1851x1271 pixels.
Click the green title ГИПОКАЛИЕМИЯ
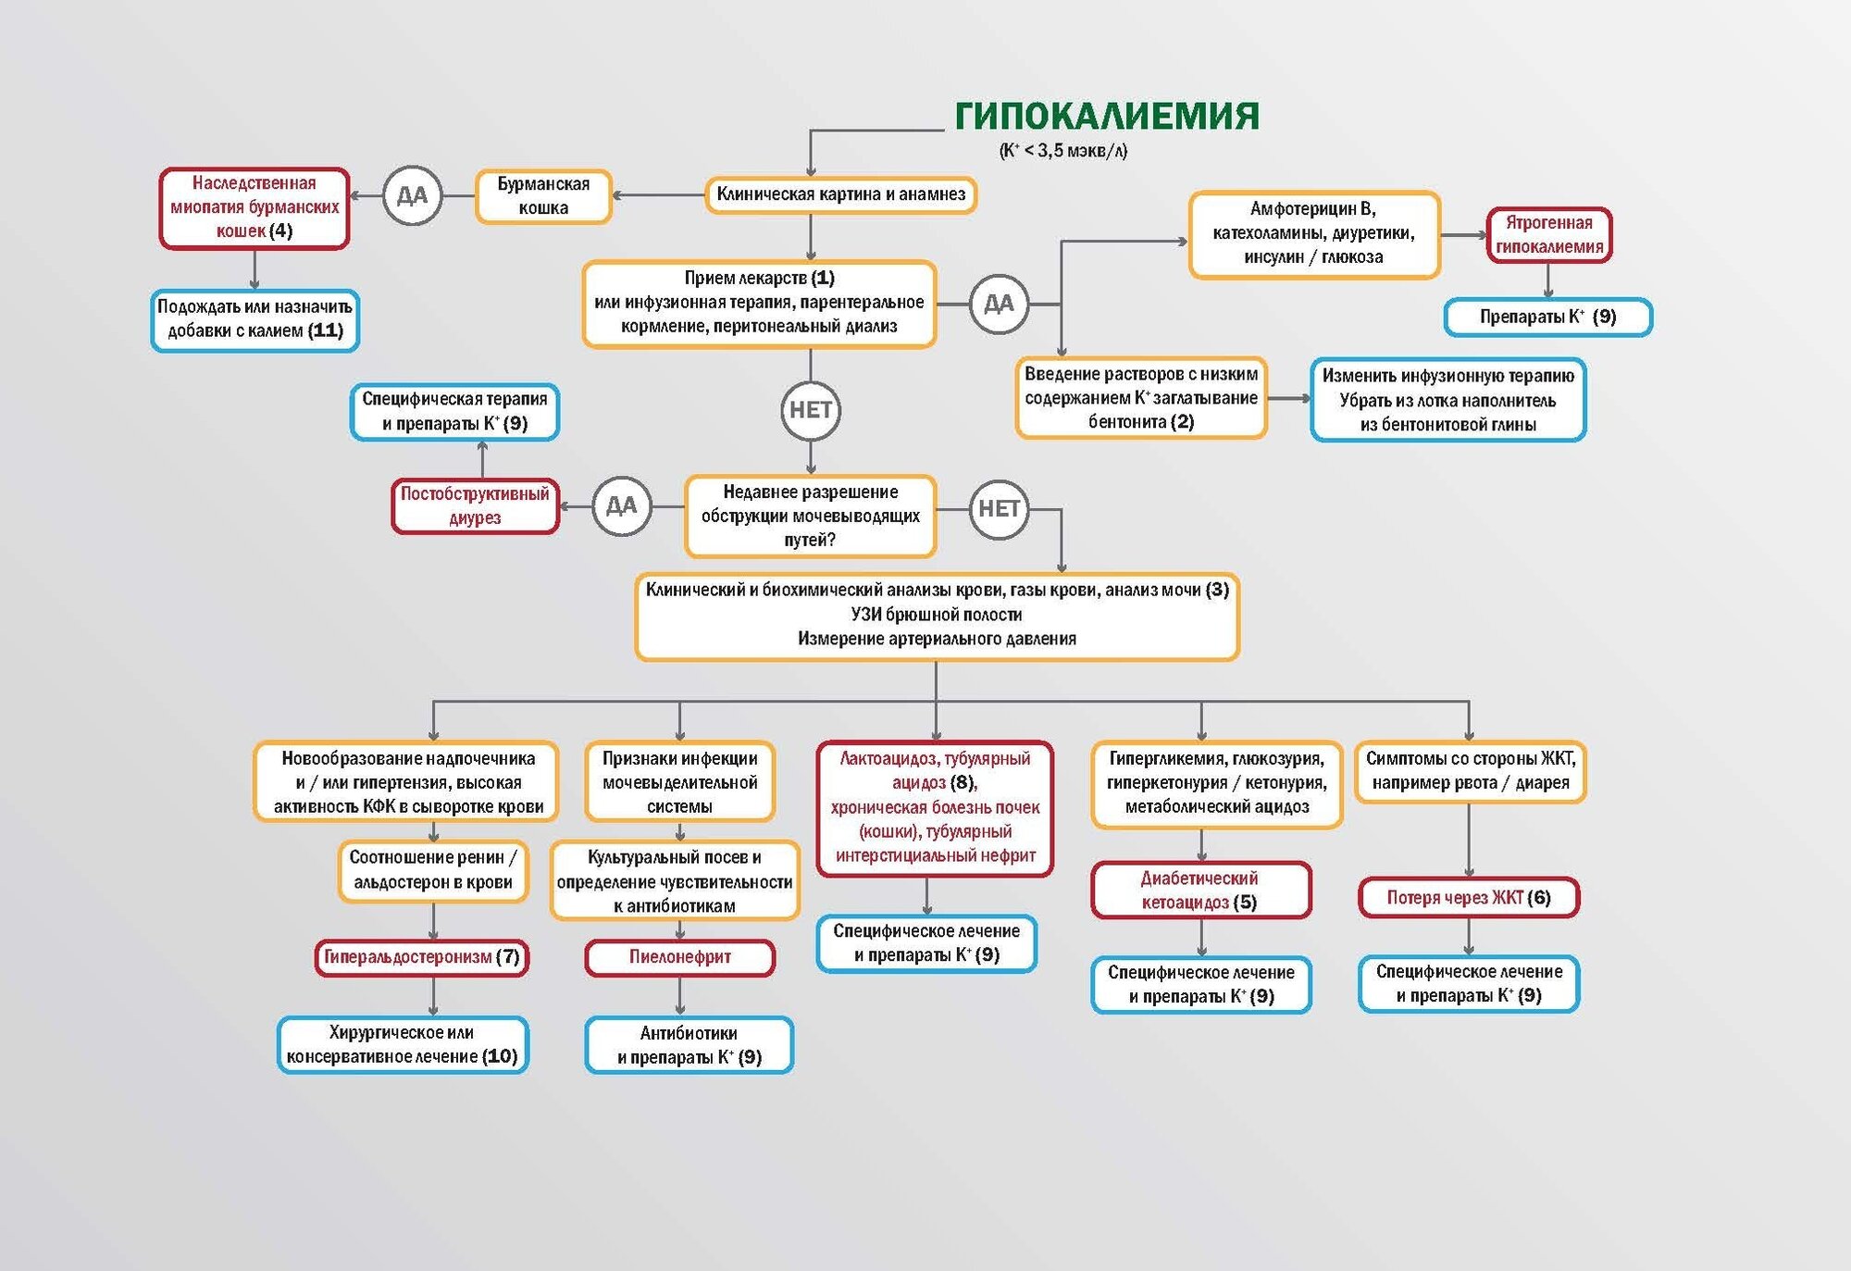tap(1106, 116)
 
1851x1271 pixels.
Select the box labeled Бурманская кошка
tap(543, 196)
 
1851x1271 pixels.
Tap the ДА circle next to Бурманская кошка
tap(412, 195)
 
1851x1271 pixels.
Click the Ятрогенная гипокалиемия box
tap(1548, 235)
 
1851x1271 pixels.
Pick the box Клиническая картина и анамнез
tap(840, 194)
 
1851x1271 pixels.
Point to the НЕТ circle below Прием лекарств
tap(811, 410)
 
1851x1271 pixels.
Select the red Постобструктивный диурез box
tap(475, 505)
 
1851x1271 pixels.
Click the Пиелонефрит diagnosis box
tap(679, 957)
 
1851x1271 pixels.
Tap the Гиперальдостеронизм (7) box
tap(422, 957)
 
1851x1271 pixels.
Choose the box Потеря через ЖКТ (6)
tap(1469, 897)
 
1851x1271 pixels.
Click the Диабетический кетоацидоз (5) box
tap(1200, 890)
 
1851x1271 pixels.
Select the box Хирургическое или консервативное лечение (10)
tap(403, 1044)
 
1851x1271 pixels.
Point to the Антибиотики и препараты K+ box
tap(689, 1045)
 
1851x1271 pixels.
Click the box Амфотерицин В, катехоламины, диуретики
tap(1313, 233)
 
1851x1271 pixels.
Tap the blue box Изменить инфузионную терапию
tap(1447, 400)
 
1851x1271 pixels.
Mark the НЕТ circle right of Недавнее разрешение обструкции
tap(999, 508)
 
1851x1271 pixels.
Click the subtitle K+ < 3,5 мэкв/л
tap(1063, 151)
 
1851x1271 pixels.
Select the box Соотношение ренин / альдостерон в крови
tap(432, 870)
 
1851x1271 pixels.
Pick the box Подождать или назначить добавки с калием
tap(255, 319)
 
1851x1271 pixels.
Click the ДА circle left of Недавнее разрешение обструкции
tap(621, 505)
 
